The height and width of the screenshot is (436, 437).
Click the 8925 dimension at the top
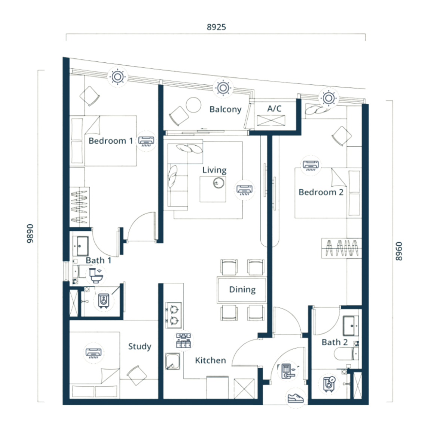[216, 27]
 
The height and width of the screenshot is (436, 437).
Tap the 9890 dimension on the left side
[30, 233]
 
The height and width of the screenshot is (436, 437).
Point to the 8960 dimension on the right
[399, 251]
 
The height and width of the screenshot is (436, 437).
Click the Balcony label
[226, 109]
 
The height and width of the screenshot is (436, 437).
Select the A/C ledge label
[274, 108]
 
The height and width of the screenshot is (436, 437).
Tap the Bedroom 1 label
[111, 141]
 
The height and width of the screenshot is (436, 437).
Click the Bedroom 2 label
[321, 192]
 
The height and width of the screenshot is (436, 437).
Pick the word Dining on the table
[242, 290]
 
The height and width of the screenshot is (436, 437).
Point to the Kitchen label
[210, 360]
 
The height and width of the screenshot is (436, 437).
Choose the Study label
[140, 346]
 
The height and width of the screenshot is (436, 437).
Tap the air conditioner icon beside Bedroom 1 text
[146, 141]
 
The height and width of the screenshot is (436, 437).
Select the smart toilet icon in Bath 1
[96, 275]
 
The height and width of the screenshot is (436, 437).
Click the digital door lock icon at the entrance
[288, 371]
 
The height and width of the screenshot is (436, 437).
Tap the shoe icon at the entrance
[296, 398]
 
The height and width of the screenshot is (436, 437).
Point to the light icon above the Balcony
[223, 88]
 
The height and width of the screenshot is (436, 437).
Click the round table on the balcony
[193, 105]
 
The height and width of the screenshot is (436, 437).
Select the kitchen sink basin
[172, 361]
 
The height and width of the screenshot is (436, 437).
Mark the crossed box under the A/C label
[271, 121]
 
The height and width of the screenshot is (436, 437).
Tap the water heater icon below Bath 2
[328, 384]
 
